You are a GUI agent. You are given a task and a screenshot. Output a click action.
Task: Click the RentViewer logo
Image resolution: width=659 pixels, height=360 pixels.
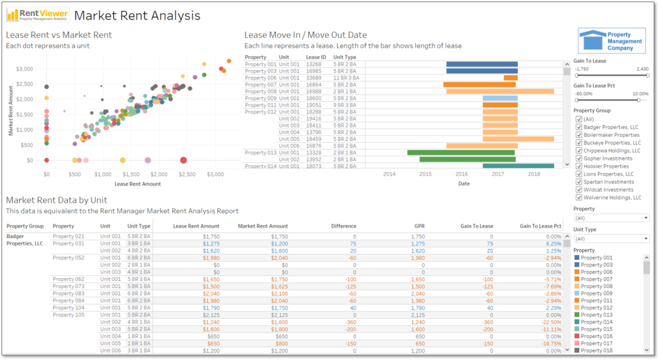[x=37, y=15]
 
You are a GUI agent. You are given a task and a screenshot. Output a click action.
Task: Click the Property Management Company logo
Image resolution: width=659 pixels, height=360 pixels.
[x=611, y=41]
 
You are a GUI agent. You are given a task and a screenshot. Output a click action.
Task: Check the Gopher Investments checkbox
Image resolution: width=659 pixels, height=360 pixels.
[x=579, y=158]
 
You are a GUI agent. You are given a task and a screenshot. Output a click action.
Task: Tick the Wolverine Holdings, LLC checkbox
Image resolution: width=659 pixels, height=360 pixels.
[x=579, y=198]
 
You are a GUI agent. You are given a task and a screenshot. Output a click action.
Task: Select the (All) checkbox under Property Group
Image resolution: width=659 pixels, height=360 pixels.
[x=579, y=119]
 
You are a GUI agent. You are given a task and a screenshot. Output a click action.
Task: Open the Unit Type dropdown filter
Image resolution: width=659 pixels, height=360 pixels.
[x=611, y=239]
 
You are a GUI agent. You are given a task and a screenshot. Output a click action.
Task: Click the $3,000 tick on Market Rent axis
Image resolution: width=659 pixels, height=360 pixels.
[x=24, y=68]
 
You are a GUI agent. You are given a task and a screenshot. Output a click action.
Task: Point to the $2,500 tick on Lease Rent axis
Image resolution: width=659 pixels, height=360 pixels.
[x=187, y=174]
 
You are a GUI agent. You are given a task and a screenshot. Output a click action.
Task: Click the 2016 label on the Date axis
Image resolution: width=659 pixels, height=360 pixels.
[x=461, y=174]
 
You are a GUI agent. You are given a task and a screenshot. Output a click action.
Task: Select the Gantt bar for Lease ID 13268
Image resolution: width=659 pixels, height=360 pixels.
[x=481, y=64]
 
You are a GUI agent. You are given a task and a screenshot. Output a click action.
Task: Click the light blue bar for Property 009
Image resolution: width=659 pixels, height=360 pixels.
[x=500, y=98]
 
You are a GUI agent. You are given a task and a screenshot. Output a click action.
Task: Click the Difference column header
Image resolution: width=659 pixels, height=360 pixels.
[x=344, y=226]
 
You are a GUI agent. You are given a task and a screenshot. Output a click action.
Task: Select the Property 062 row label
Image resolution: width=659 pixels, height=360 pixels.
[x=68, y=279]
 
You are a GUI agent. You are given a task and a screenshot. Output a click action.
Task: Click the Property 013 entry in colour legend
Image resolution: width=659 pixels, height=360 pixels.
[x=596, y=315]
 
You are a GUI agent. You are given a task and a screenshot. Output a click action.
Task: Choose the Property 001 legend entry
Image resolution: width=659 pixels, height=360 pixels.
[x=596, y=257]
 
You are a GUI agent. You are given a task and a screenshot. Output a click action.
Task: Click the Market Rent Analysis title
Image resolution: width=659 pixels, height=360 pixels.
[x=137, y=15]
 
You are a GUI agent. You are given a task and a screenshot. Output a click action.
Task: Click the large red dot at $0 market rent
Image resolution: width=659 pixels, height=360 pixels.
[x=184, y=160]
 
